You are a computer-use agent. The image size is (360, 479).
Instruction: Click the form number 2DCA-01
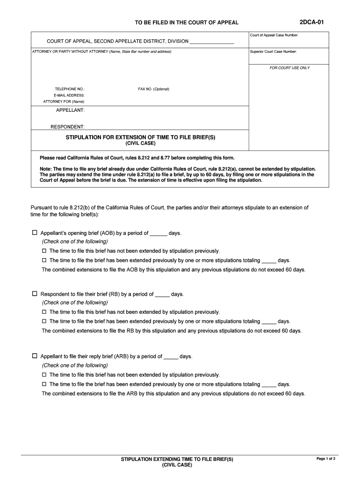311,22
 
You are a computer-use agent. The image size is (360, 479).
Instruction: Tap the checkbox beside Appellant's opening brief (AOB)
35,232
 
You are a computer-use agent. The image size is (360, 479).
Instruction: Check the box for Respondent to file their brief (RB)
35,294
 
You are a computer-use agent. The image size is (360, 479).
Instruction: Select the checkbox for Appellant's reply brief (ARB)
35,356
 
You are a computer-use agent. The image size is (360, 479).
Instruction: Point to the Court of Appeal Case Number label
274,36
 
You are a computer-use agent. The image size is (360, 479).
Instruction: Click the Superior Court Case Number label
274,51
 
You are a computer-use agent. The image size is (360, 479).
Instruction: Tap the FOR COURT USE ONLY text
289,68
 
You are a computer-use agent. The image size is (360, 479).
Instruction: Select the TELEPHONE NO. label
70,89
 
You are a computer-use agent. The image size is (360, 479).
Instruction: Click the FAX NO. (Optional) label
154,89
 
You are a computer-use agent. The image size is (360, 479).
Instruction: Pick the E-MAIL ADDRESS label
69,95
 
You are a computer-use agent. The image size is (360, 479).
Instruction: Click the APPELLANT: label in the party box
70,110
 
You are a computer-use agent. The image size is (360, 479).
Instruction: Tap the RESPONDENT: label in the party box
67,127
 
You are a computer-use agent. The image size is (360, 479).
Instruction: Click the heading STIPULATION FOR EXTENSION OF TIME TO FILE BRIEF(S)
140,137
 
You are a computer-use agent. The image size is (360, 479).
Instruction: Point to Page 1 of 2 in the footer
326,458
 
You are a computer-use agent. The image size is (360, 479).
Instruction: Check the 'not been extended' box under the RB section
44,312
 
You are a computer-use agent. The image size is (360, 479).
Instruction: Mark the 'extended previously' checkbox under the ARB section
44,384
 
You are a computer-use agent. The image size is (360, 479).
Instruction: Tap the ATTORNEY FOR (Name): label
64,102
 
